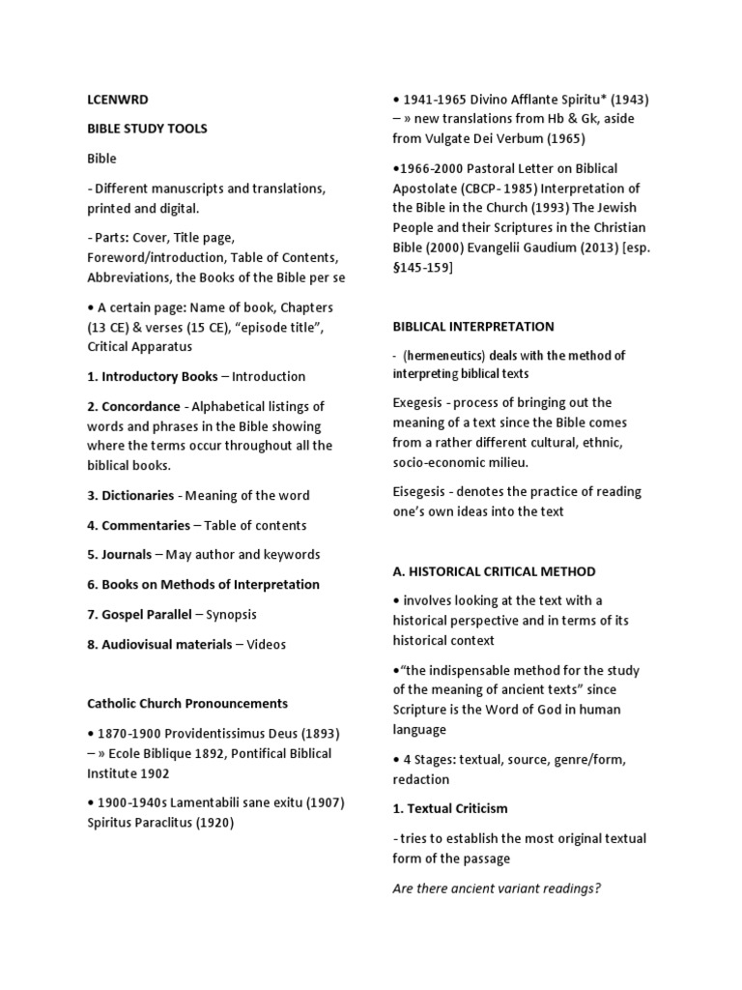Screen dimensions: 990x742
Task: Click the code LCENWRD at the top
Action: pos(118,99)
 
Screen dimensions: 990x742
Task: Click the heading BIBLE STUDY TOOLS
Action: pos(147,129)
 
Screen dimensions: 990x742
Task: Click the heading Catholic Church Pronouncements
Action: pos(187,703)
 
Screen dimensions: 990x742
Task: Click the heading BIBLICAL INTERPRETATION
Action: pos(473,327)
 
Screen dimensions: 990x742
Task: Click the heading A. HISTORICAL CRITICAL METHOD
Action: pos(494,571)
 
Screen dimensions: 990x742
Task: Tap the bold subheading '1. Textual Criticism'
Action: pos(449,808)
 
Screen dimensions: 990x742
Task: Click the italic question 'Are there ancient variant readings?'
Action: pos(496,888)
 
